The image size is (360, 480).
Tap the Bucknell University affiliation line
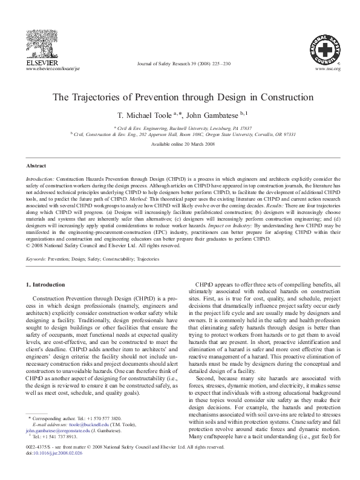[180, 128]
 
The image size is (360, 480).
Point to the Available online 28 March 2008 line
[180, 144]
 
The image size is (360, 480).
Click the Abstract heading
[36, 164]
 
